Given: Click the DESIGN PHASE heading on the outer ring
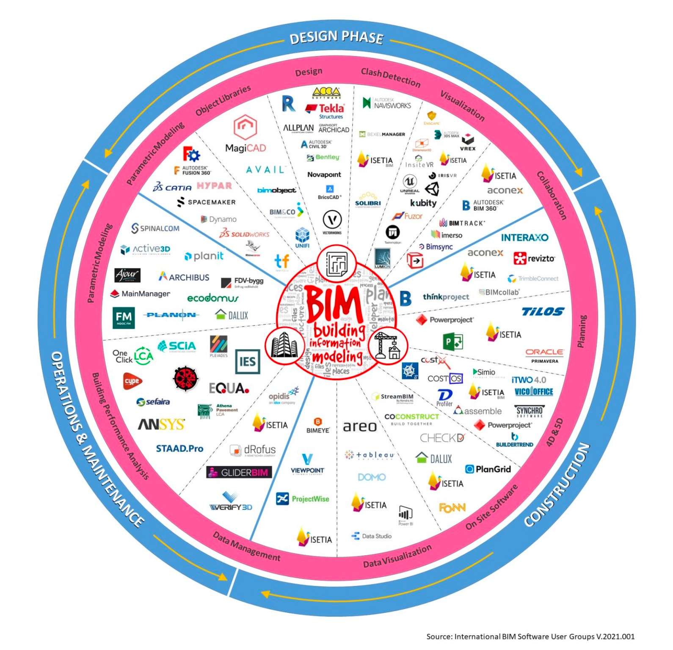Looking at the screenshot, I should tap(336, 37).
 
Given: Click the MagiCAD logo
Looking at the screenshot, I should tap(245, 134).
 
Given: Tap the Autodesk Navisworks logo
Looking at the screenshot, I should tap(387, 103).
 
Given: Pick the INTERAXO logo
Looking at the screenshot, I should tap(524, 237).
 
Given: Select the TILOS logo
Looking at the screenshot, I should tap(543, 312).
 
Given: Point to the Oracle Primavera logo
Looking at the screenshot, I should tap(544, 355).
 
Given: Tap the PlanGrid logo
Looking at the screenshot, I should tap(488, 469).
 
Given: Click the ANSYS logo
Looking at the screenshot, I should tap(162, 424).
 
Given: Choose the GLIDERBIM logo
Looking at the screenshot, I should tap(239, 472).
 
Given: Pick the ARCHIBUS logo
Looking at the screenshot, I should tap(184, 277).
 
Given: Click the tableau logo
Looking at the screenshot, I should tap(370, 455).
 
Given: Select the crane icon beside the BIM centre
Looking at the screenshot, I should tap(388, 345).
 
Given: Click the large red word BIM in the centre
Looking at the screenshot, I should tap(334, 304).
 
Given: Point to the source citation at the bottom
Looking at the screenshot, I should tap(530, 636).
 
